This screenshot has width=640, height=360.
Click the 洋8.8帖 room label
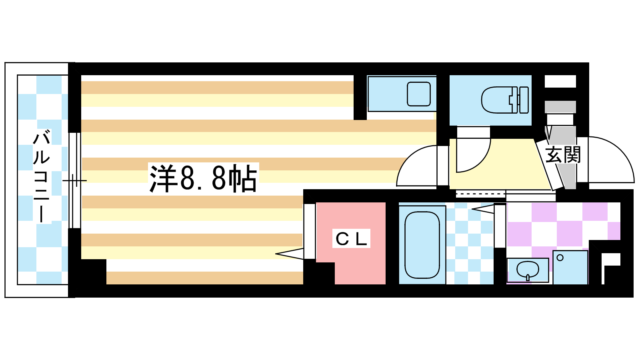click(x=203, y=178)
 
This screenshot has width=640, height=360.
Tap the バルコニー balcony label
click(x=42, y=176)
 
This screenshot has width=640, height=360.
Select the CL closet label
click(x=351, y=239)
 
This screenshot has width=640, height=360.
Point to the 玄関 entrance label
click(x=563, y=154)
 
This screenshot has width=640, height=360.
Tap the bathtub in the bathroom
click(x=422, y=245)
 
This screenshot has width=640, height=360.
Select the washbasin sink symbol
click(x=527, y=270)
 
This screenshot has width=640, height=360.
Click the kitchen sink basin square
click(x=418, y=94)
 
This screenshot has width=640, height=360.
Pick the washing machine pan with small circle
click(x=570, y=267)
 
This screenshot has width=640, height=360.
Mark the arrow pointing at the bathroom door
click(x=483, y=208)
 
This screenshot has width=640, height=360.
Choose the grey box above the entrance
click(x=560, y=107)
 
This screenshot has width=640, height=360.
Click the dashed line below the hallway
click(x=480, y=195)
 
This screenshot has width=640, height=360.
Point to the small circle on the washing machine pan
click(x=560, y=258)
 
